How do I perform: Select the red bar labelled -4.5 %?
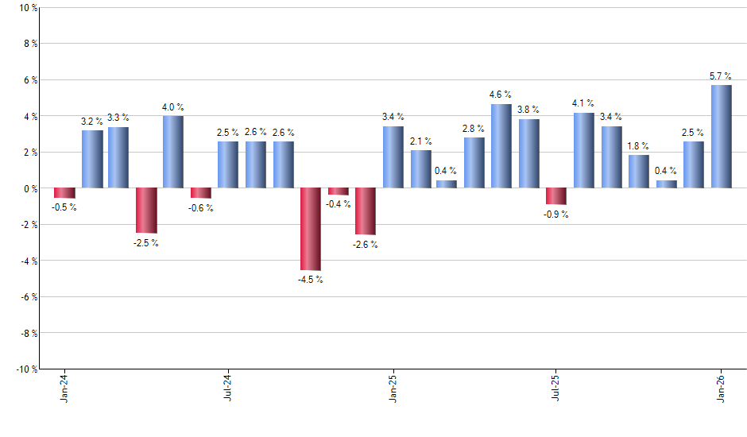click(x=310, y=229)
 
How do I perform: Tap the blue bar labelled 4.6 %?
click(x=501, y=146)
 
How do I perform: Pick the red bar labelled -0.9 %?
click(x=556, y=196)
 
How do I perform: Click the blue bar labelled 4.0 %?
click(x=173, y=152)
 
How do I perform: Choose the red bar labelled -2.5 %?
click(x=146, y=211)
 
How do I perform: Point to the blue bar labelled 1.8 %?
click(x=639, y=172)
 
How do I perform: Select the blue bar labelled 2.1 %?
click(x=421, y=169)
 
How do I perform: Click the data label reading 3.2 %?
click(x=91, y=122)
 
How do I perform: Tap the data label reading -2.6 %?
click(x=365, y=245)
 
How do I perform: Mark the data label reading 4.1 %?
click(x=583, y=103)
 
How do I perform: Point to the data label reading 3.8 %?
click(x=528, y=110)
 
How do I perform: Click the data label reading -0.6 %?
click(x=201, y=208)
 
